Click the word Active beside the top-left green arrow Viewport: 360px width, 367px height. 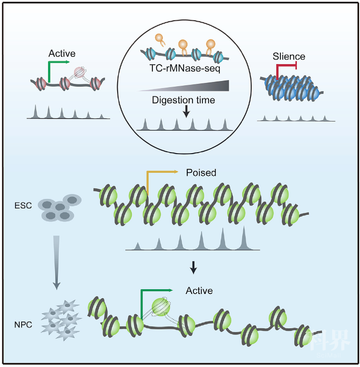[x=62, y=54]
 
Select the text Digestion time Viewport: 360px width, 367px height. [x=183, y=100]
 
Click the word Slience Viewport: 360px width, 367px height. [x=288, y=57]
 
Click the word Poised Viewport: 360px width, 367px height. [x=201, y=173]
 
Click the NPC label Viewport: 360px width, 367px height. [x=24, y=325]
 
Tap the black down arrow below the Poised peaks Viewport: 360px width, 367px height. [x=192, y=268]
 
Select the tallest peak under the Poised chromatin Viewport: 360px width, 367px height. [x=244, y=238]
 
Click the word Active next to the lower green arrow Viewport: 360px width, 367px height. [x=199, y=291]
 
